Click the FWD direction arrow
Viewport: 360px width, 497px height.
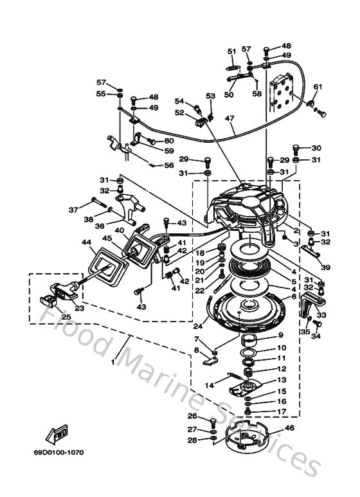(57, 435)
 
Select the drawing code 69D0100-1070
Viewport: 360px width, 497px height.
(62, 453)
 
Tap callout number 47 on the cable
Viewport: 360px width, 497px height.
(230, 118)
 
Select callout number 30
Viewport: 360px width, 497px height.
(316, 148)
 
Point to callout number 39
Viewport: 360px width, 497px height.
(327, 267)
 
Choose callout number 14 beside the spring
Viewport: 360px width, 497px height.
(208, 384)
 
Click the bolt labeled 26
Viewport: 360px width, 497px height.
(213, 420)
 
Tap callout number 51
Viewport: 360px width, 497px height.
(232, 51)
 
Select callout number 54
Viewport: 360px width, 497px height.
(180, 101)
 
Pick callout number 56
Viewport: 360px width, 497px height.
(169, 165)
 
